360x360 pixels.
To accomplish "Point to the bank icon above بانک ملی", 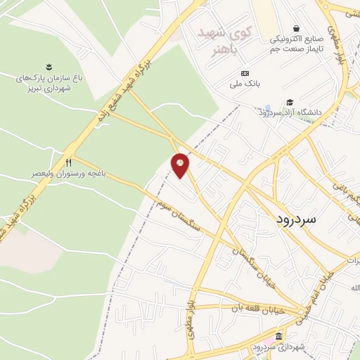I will pos(245,73).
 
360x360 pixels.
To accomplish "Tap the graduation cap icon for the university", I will pos(290,101).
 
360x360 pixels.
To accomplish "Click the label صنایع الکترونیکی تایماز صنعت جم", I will pos(298,44).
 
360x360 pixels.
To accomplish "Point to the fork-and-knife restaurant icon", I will pos(68,162).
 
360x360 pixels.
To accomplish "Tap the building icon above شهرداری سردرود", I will pos(279,335).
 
